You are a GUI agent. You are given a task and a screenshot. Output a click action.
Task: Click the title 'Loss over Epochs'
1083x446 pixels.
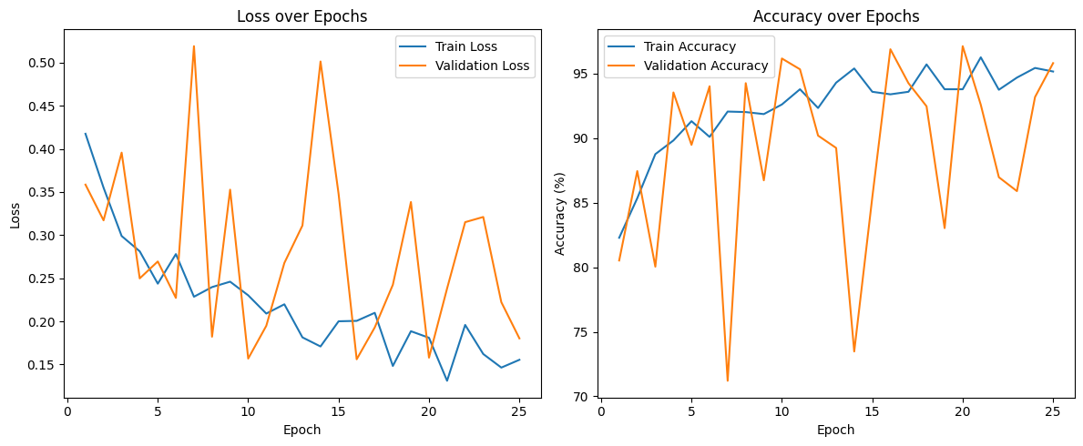pos(301,16)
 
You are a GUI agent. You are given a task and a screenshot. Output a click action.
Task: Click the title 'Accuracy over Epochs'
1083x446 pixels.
pos(835,16)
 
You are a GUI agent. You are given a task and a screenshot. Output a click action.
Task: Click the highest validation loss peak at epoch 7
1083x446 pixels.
pos(194,46)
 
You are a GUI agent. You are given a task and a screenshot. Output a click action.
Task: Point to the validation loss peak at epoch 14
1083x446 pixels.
pos(321,61)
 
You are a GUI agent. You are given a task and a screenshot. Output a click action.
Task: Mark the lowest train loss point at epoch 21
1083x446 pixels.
pos(447,380)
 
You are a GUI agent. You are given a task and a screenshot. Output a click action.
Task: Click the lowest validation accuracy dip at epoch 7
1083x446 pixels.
pos(728,380)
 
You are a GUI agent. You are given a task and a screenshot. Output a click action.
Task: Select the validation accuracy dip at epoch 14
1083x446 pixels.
pos(854,351)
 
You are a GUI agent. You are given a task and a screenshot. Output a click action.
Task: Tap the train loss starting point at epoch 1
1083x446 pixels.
pos(86,134)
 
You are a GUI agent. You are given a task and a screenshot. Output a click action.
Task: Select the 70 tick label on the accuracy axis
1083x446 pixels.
pos(582,397)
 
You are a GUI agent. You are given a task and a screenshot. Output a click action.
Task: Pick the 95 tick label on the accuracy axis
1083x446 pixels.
pos(582,74)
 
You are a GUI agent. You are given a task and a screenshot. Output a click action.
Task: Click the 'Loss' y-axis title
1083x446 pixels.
pos(15,215)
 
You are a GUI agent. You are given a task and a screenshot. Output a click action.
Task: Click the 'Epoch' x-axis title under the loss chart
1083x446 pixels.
pos(301,430)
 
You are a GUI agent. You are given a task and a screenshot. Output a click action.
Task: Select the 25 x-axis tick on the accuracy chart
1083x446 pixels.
pos(1052,412)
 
